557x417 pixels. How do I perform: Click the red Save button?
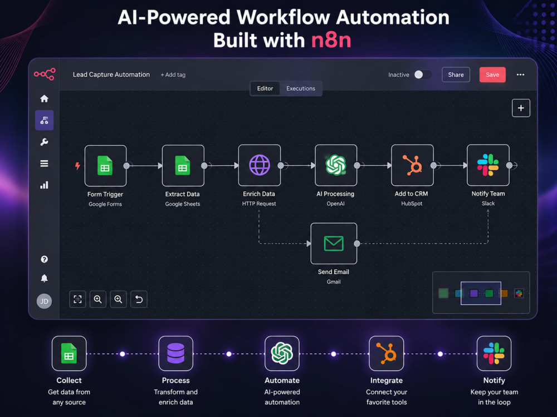click(x=492, y=75)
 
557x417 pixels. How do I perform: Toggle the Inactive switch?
click(x=422, y=75)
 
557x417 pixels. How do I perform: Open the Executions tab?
click(x=301, y=88)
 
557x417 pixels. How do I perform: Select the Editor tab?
click(x=265, y=88)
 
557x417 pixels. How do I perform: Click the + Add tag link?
click(x=173, y=75)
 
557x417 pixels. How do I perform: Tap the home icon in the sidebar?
click(x=44, y=98)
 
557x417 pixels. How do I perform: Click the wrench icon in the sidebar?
click(x=44, y=142)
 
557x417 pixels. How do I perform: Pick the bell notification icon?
click(x=44, y=279)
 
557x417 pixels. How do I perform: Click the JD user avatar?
click(x=44, y=301)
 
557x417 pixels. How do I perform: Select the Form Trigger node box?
click(x=105, y=166)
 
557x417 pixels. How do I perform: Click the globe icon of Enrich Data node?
click(x=260, y=165)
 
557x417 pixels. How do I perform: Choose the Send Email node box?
click(x=334, y=244)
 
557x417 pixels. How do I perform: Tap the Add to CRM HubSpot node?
click(x=412, y=165)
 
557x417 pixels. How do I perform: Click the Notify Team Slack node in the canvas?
click(x=488, y=165)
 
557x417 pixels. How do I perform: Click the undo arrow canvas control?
click(x=139, y=299)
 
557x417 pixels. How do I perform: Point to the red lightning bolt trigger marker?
click(x=77, y=166)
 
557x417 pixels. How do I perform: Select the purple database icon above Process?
click(x=176, y=353)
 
